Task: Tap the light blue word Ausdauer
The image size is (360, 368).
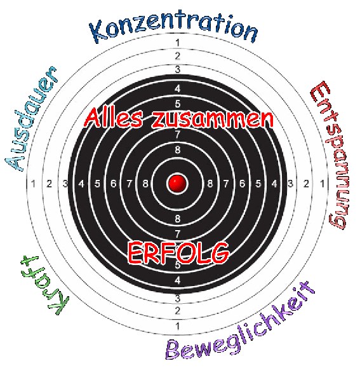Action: pos(31,118)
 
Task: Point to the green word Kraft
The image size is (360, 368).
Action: pos(45,285)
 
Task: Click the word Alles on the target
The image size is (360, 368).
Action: pos(113,118)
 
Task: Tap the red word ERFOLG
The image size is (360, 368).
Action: pos(178,253)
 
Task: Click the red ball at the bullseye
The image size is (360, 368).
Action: pos(177,183)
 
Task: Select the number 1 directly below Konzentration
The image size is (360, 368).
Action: pos(177,43)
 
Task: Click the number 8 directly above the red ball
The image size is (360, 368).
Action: pos(178,150)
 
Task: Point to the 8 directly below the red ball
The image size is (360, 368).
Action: pos(178,219)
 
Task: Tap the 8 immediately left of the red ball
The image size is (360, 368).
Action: pos(145,184)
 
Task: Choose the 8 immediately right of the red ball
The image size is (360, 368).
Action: pos(210,184)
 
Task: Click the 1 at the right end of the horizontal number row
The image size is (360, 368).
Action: pos(323,184)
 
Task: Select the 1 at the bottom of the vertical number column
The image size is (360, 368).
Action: pos(177,326)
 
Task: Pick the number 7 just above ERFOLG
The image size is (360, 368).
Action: pos(178,234)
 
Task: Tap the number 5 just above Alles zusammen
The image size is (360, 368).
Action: pos(178,104)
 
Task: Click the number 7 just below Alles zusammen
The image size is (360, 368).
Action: pos(178,135)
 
